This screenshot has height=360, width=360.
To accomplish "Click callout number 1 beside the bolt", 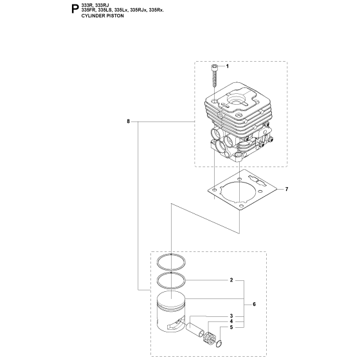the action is [228, 66].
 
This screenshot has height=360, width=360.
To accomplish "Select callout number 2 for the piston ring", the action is [231, 280].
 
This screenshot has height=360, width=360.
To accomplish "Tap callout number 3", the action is [231, 316].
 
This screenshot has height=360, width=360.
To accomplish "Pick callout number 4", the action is [231, 321].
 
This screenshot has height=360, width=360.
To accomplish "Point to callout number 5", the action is [231, 327].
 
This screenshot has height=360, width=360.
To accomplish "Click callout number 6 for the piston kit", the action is [254, 304].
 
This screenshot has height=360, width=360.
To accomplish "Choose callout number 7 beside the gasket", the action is [287, 189].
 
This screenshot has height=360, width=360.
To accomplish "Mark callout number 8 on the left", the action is [128, 122].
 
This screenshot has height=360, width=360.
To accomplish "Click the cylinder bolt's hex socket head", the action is [214, 67].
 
